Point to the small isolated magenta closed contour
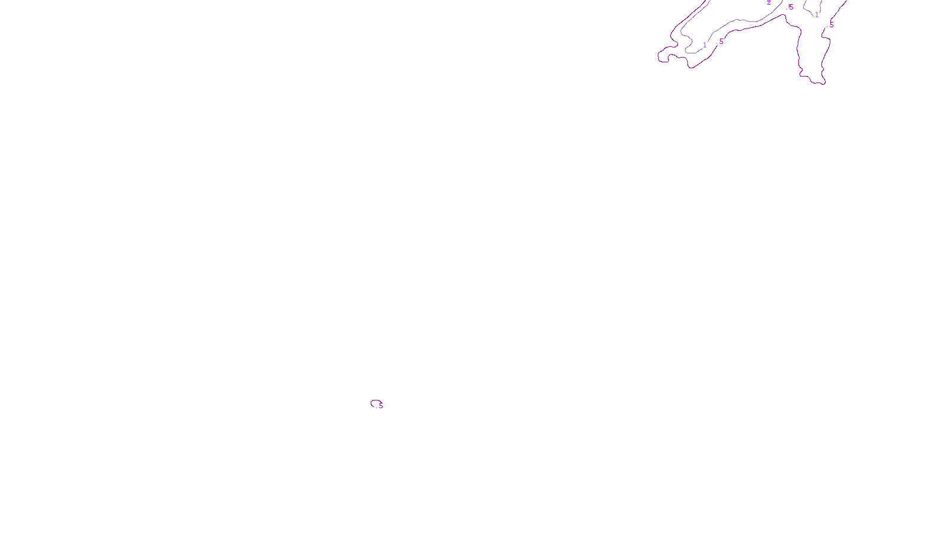pyautogui.click(x=375, y=403)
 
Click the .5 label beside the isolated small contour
pyautogui.click(x=381, y=406)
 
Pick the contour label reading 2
pyautogui.click(x=769, y=3)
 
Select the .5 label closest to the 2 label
pyautogui.click(x=791, y=7)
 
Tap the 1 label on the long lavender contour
pyautogui.click(x=705, y=45)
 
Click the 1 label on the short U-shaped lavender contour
pyautogui.click(x=817, y=15)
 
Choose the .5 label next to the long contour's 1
pyautogui.click(x=721, y=42)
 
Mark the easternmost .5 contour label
pyautogui.click(x=832, y=25)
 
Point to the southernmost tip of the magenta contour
pyautogui.click(x=821, y=84)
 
